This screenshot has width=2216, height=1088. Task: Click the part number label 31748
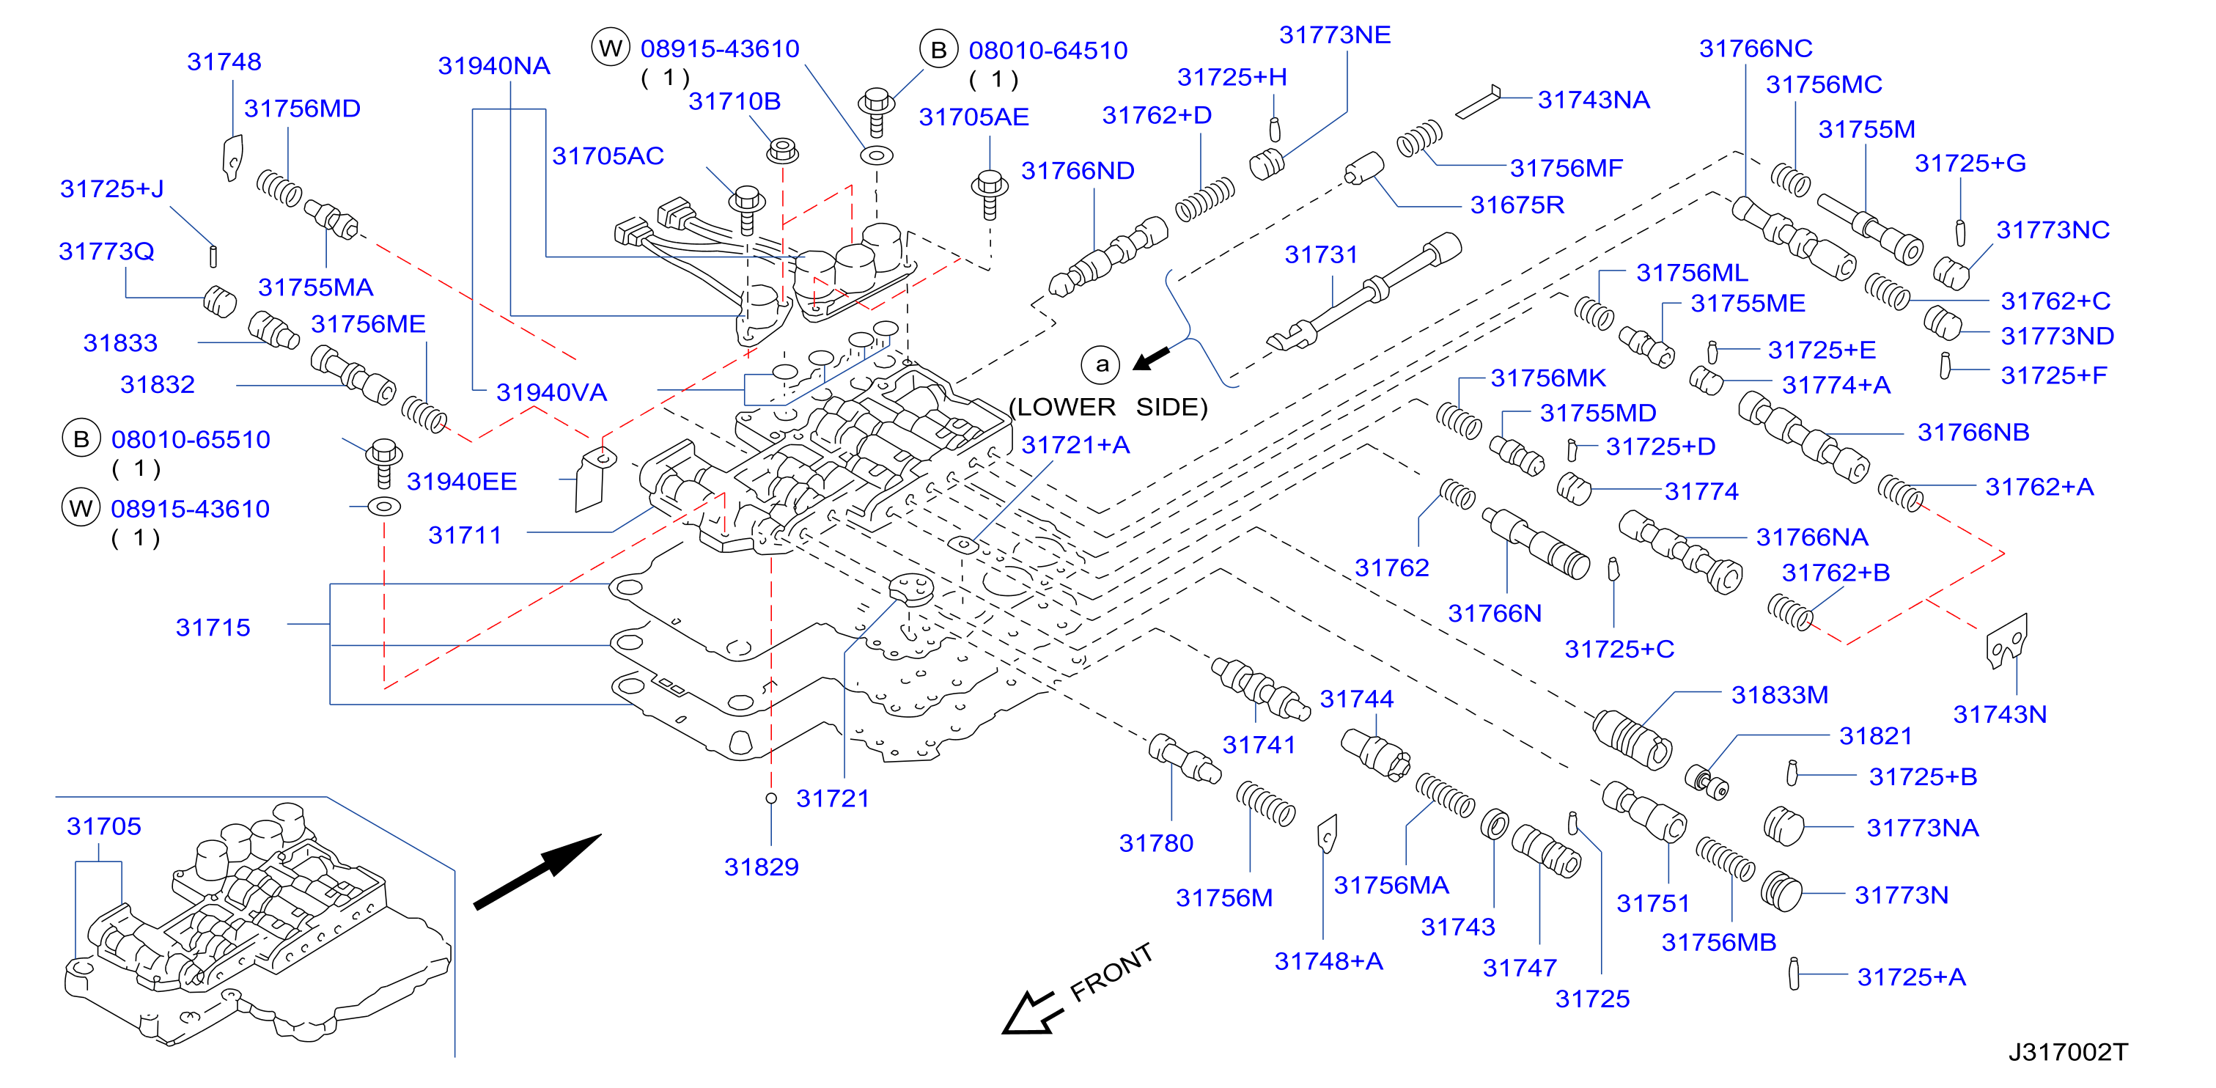(224, 62)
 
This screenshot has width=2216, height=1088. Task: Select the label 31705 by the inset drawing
(104, 826)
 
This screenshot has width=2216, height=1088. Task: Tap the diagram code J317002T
(2067, 1052)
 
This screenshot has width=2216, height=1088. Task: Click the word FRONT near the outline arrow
(1111, 972)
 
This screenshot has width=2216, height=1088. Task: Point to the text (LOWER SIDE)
(1108, 407)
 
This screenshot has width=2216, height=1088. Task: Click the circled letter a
(1101, 364)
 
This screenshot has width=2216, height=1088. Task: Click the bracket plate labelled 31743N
(2007, 642)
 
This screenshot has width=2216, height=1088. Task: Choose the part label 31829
(762, 867)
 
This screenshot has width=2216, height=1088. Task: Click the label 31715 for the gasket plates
(213, 628)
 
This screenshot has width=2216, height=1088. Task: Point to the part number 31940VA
(551, 393)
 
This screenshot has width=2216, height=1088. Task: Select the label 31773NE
(1334, 35)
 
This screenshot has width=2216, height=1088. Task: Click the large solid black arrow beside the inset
(537, 871)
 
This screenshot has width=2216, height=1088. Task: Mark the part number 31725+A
(1912, 977)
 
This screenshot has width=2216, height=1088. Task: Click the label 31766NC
(1756, 49)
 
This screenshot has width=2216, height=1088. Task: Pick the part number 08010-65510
(191, 439)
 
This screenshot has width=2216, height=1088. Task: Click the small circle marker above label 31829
(772, 798)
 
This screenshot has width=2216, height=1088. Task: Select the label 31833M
(1780, 695)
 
